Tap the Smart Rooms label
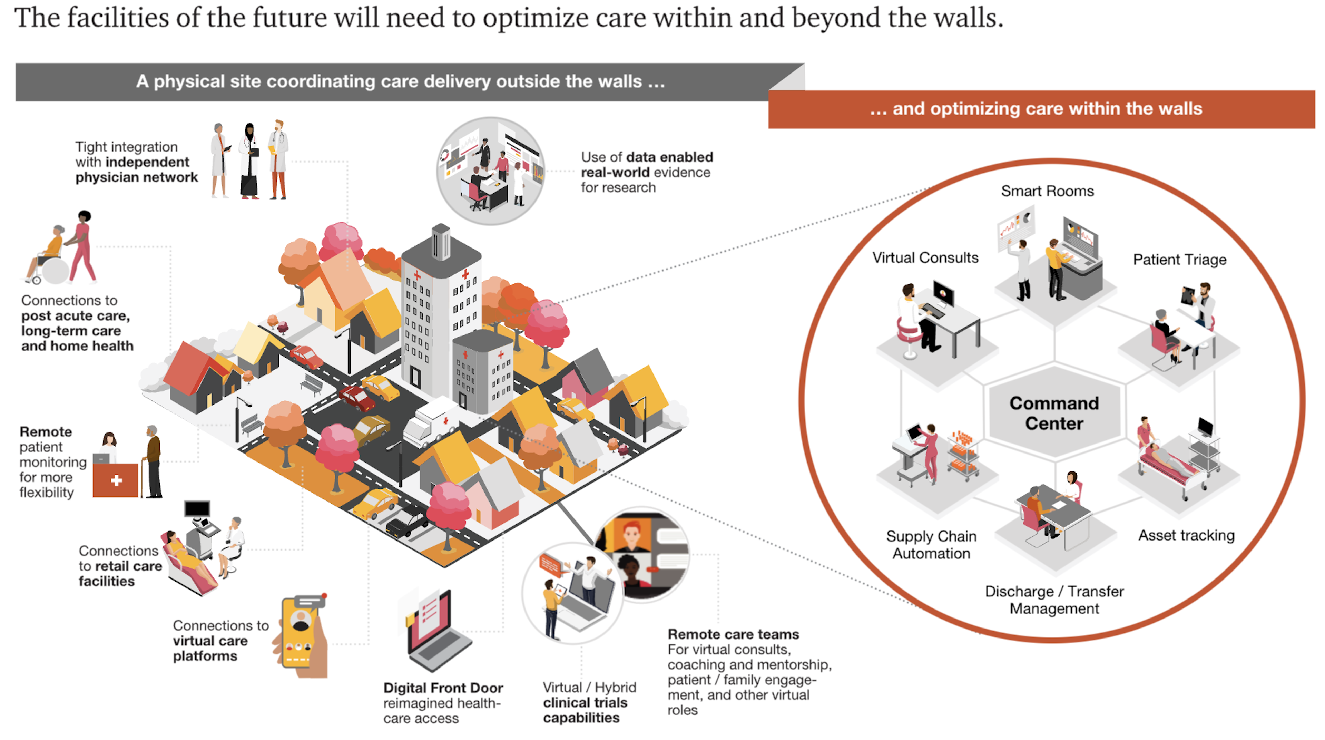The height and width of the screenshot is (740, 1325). (x=1047, y=191)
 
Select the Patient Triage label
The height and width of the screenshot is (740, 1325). (x=1179, y=259)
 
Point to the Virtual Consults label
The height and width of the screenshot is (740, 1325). (x=925, y=257)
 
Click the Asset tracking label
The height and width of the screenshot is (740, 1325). (x=1186, y=535)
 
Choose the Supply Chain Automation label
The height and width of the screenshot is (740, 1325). (x=931, y=544)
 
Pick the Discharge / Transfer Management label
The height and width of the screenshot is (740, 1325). (x=1054, y=600)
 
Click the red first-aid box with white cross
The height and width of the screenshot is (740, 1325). (x=116, y=480)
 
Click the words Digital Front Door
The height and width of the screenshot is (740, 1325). (x=443, y=688)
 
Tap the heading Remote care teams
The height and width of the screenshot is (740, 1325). (x=733, y=634)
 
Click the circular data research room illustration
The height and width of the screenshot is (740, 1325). (x=490, y=171)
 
